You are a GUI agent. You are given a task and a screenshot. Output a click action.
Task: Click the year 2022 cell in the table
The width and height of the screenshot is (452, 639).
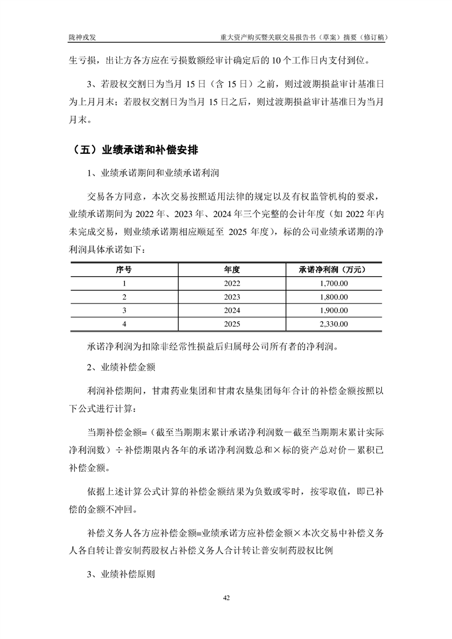pos(233,283)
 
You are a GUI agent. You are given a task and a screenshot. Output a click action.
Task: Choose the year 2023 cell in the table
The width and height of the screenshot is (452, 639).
pos(233,297)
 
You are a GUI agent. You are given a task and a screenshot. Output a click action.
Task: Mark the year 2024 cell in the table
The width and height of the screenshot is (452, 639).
pos(233,310)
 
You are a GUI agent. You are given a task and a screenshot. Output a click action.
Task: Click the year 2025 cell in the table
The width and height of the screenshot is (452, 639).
pos(233,324)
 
